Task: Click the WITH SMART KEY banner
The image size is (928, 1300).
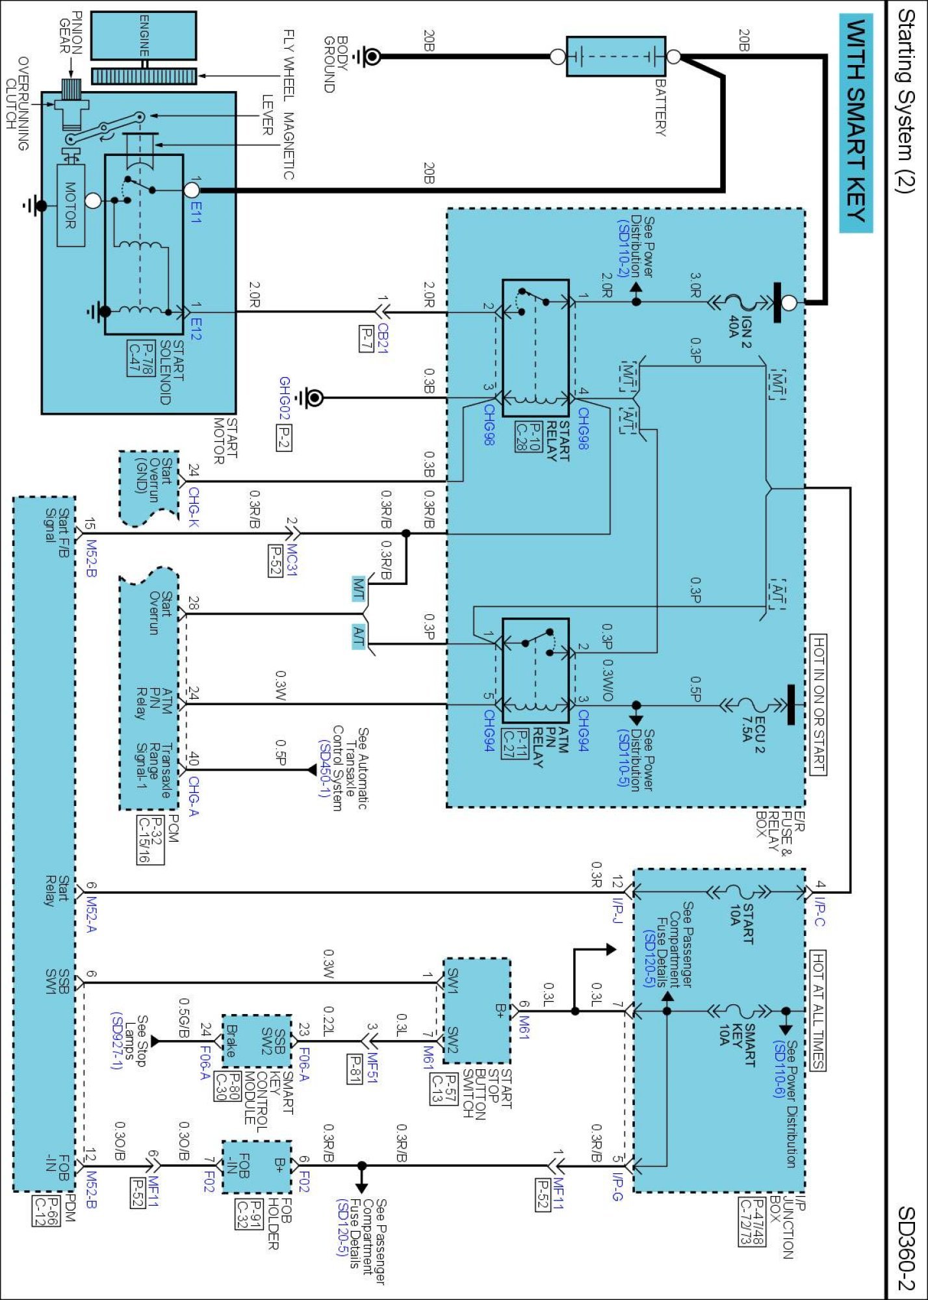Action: click(856, 123)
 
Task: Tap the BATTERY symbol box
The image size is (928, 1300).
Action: click(615, 57)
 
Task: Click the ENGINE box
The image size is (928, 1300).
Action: click(144, 36)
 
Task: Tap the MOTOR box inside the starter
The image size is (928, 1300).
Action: click(70, 205)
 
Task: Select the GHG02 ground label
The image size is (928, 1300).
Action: click(284, 398)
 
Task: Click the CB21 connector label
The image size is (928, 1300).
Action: click(382, 338)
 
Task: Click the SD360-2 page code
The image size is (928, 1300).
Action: click(906, 1247)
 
